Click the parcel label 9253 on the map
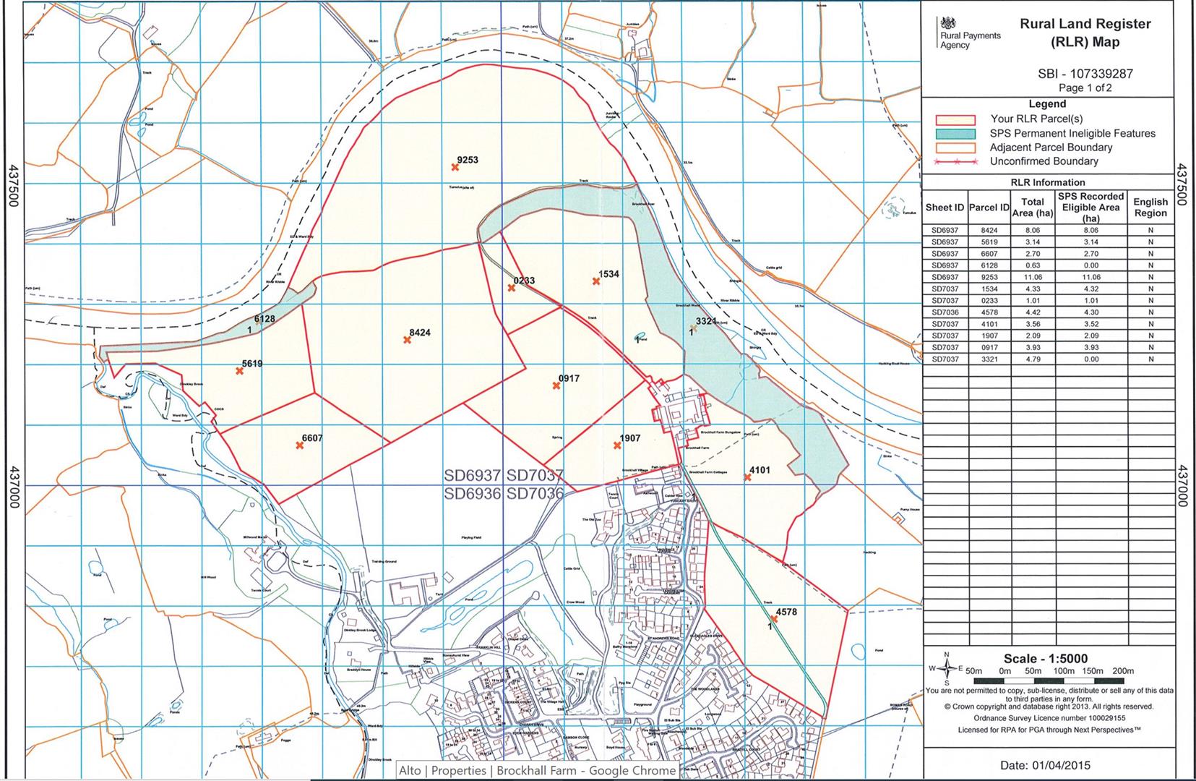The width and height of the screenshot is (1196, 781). [x=468, y=160]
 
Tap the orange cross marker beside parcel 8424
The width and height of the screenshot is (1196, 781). [x=408, y=339]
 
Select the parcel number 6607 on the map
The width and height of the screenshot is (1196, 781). [x=312, y=438]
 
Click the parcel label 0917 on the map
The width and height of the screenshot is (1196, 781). [x=569, y=378]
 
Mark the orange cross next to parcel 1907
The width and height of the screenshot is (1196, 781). [x=618, y=445]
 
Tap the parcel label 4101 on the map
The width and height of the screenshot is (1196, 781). [x=760, y=470]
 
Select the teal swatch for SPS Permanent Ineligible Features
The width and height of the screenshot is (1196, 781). [x=955, y=134]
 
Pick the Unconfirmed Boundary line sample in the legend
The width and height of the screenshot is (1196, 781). [x=955, y=162]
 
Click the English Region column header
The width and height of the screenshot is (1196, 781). [x=1150, y=208]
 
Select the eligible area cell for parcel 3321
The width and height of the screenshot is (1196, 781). [x=1090, y=359]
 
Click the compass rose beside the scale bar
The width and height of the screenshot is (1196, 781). [x=947, y=669]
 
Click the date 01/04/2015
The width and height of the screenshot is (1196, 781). [x=1045, y=765]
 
